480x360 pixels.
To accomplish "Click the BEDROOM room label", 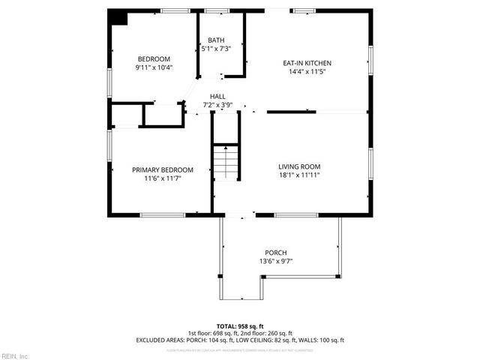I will coord(153,58).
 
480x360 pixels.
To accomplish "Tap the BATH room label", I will coord(216,40).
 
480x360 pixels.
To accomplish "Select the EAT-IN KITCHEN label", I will coord(307,63).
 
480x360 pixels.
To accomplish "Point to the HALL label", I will coord(217,96).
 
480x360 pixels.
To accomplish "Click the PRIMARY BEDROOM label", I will coord(163,169).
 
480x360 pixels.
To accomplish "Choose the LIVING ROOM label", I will coord(299,166).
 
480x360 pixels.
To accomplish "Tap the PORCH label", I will coord(276,252).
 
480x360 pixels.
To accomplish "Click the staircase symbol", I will coord(225,160).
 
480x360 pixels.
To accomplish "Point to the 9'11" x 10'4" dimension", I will coord(153,67).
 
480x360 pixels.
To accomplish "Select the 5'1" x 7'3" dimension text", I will coord(216,49).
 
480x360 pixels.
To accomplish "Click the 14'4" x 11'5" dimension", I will coord(307,72).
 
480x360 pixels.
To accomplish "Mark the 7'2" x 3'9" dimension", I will coord(217,105).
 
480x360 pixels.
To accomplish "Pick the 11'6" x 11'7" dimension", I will coord(163,178).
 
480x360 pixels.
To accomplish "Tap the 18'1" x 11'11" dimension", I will coord(299,175).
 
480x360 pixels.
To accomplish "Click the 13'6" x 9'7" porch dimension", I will coord(276,261).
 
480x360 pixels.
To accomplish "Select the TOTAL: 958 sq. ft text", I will coord(240,326).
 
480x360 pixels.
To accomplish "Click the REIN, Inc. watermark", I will coord(15,355).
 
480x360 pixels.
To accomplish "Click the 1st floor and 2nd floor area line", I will coord(240,333).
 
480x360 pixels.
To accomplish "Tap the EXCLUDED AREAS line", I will coord(240,340).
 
